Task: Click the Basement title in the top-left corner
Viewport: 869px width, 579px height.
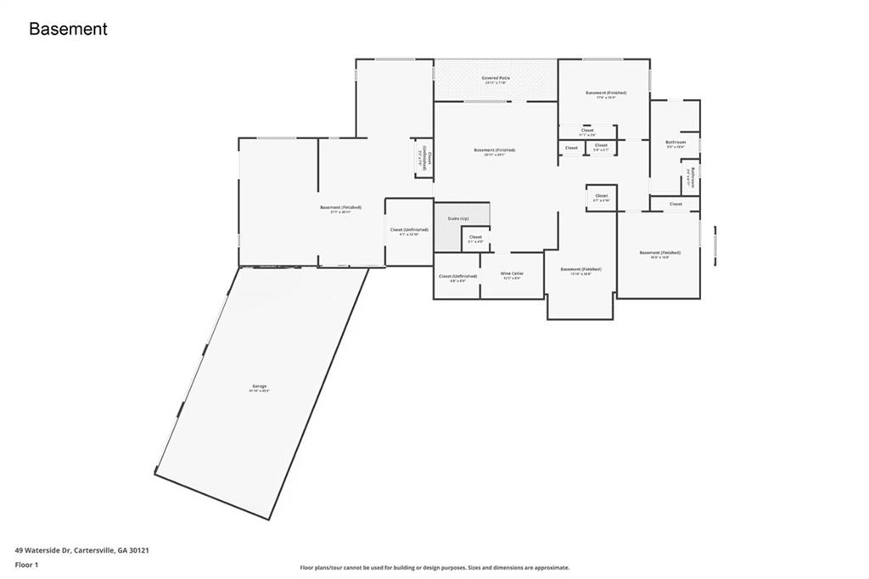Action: (68, 29)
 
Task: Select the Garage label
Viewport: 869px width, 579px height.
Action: (258, 387)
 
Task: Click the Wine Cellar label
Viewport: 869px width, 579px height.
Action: (513, 274)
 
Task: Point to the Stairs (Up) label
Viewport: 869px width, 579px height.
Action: (458, 219)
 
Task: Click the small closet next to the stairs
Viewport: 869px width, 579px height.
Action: (475, 239)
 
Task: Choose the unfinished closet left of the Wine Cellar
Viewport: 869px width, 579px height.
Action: (457, 277)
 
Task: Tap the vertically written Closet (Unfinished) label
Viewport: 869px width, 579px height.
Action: (423, 158)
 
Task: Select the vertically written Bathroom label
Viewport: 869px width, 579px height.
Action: (692, 177)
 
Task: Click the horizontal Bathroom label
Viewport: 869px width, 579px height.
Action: (676, 143)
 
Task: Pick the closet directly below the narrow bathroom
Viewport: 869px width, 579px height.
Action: (676, 204)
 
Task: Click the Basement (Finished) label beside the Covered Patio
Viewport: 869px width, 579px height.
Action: (606, 93)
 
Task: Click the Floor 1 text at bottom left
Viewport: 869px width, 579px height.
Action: (27, 564)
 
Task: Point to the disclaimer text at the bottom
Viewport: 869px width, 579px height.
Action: (434, 568)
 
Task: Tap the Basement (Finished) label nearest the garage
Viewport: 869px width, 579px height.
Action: (340, 208)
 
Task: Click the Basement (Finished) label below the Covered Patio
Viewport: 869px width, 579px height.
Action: (495, 151)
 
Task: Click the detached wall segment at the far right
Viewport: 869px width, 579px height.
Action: (715, 245)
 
